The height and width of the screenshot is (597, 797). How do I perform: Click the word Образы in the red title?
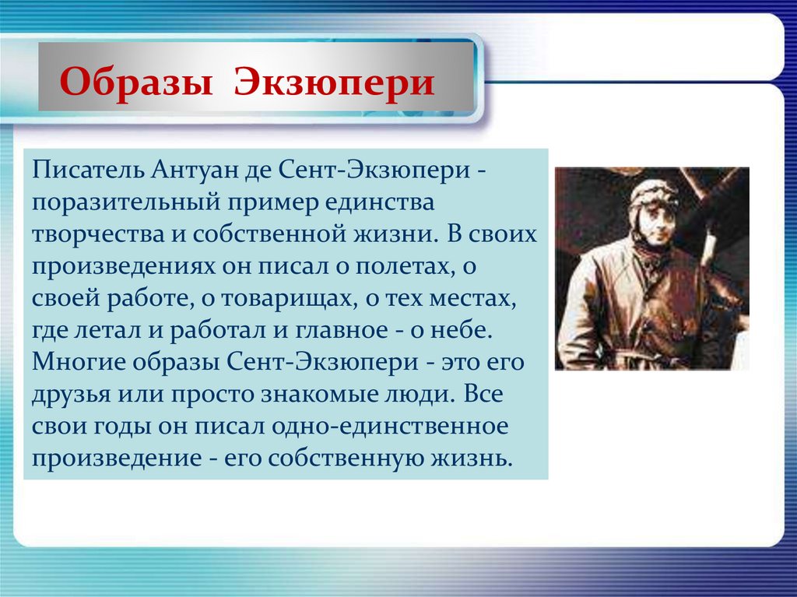(x=135, y=82)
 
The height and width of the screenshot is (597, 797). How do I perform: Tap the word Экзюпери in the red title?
(x=335, y=82)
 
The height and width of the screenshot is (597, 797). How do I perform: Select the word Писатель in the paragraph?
(x=87, y=170)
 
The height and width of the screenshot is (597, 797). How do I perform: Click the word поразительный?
(x=125, y=203)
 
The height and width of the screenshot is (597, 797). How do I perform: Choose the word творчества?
(x=98, y=235)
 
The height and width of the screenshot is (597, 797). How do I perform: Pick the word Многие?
(x=79, y=363)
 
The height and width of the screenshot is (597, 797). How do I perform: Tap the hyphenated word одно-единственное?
(x=390, y=426)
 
